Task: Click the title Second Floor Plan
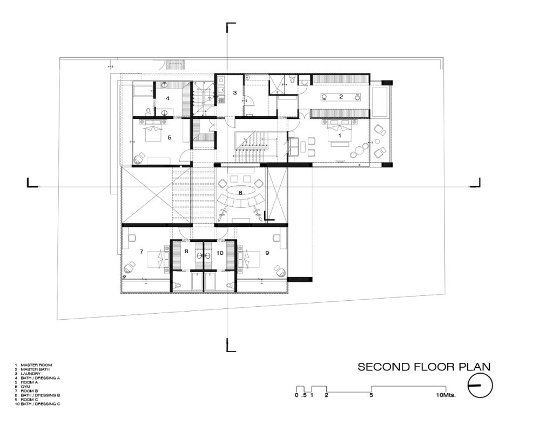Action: (424, 367)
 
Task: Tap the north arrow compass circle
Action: (480, 386)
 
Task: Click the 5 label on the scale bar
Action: (372, 395)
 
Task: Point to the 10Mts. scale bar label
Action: (446, 395)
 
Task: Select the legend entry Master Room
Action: (36, 365)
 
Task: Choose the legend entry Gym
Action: (25, 387)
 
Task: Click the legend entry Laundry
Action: (31, 374)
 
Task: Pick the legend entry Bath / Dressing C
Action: (40, 404)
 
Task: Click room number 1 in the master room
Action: (340, 136)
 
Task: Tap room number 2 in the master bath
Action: (341, 97)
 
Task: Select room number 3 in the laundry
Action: (235, 92)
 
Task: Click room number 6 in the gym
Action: (240, 193)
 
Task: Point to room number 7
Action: (141, 252)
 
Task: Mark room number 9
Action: (267, 253)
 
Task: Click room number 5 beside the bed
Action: (169, 137)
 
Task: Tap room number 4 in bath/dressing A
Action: (168, 98)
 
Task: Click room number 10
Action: (220, 253)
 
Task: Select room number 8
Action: (186, 251)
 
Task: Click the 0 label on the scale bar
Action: (296, 395)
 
